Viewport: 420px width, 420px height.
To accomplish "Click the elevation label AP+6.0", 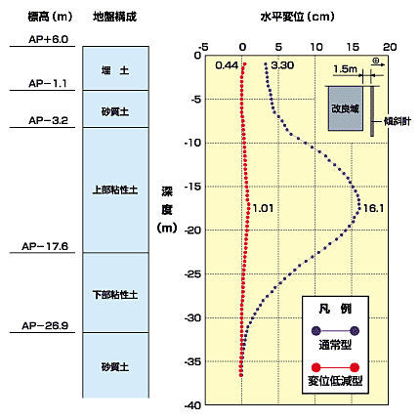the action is click(48, 39).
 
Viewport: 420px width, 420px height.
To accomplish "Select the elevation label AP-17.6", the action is click(45, 246).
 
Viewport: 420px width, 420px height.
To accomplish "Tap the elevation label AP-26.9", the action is click(45, 325).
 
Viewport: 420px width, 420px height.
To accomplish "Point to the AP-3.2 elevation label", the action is click(48, 120).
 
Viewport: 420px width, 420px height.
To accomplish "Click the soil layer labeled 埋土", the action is click(115, 70).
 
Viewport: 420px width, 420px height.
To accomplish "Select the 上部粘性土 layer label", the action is click(115, 189).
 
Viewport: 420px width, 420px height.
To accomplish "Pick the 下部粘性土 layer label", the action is click(115, 295).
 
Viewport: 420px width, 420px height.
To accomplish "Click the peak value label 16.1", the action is click(373, 208).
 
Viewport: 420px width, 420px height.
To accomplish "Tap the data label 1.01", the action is click(263, 208).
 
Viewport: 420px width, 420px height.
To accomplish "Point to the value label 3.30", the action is click(282, 65).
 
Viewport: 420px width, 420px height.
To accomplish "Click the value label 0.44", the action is click(227, 65).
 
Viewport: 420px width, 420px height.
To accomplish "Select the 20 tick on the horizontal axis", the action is click(390, 47).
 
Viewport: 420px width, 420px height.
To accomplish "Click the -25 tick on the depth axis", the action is click(192, 274).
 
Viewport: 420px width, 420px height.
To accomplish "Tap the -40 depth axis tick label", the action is click(192, 405).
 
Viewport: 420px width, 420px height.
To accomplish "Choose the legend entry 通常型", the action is click(335, 344).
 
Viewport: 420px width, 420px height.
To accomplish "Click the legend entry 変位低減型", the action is click(335, 380).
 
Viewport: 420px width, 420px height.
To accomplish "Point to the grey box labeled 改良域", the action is click(346, 108).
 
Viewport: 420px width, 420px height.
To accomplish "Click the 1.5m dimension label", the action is click(345, 69).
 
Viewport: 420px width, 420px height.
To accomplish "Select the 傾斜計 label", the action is click(398, 121).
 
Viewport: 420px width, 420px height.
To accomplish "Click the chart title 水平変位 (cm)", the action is click(297, 17).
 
